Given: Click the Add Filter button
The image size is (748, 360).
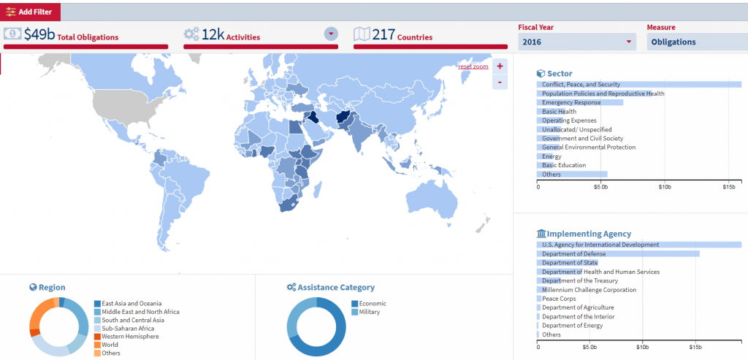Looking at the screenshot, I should click(x=31, y=12).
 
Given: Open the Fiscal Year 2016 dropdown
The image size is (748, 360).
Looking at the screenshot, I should click(x=577, y=42).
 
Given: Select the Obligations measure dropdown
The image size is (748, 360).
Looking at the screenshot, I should click(x=697, y=42).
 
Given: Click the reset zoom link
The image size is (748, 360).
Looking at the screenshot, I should click(x=473, y=66).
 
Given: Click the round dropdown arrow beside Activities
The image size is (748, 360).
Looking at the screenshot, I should click(x=331, y=34).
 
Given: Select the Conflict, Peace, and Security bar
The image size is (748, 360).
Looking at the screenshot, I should click(x=639, y=85).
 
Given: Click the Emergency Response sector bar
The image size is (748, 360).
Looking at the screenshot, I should click(x=581, y=102).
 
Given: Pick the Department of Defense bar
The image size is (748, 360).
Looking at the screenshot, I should click(x=618, y=253).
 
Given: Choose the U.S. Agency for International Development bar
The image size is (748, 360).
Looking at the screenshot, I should click(x=639, y=245).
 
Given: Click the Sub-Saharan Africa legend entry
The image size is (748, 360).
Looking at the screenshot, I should click(x=127, y=329).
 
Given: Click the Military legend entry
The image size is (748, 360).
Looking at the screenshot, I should click(x=369, y=312).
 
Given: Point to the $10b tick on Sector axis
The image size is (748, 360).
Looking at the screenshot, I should click(x=664, y=187).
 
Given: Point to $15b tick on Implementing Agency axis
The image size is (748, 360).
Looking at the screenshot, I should click(x=695, y=348).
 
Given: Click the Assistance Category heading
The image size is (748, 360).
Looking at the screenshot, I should click(x=336, y=287).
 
